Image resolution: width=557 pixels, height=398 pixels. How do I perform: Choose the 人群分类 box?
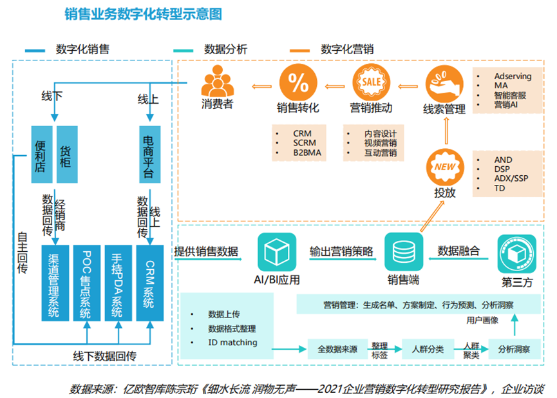click(x=428, y=349)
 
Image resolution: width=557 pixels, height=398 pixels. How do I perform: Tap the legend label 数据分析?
click(x=225, y=50)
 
